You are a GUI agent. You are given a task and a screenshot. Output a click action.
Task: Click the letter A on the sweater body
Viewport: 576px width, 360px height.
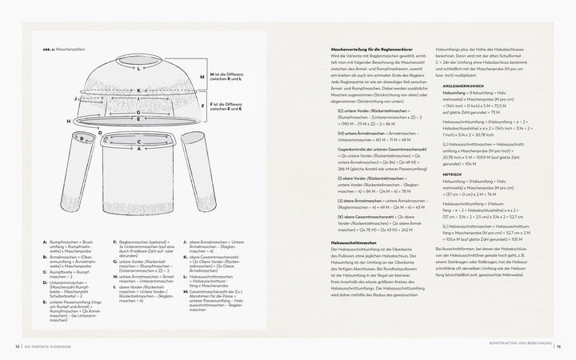pyautogui.click(x=140, y=149)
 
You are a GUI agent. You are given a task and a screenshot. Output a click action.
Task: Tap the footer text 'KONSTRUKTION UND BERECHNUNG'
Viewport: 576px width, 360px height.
pyautogui.click(x=517, y=346)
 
